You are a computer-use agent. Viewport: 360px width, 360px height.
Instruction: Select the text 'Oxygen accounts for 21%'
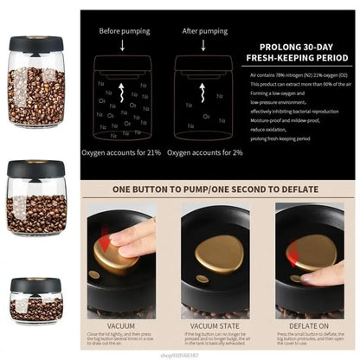click(x=120, y=153)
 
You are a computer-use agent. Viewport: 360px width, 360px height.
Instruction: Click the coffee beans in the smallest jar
click(x=35, y=311)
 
